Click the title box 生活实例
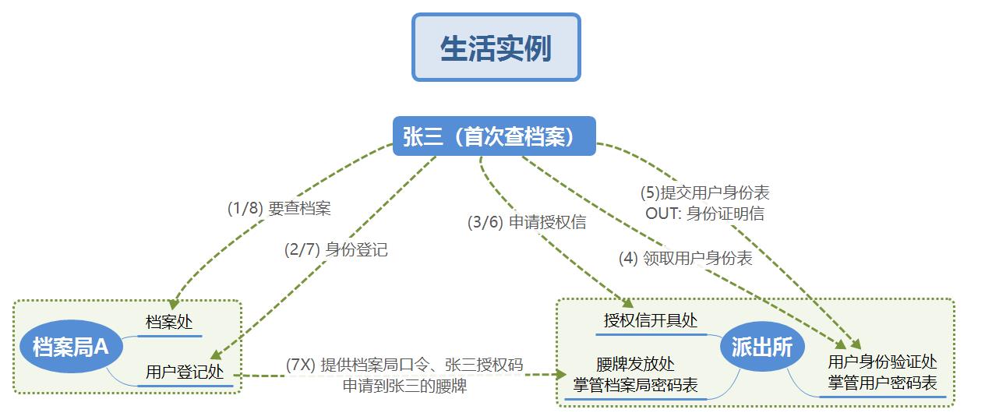(496, 47)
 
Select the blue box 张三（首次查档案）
(494, 136)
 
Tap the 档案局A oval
(71, 347)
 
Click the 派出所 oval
(761, 347)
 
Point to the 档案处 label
(169, 322)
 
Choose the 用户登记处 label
(185, 372)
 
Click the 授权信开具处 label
(651, 320)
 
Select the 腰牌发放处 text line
(635, 364)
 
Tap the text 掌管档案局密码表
(635, 385)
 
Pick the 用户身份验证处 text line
(882, 362)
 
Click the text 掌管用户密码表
(882, 383)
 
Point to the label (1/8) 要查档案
(279, 208)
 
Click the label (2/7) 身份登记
(336, 249)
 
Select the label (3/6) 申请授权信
(527, 222)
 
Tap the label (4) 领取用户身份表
(685, 258)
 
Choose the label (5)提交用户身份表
(704, 192)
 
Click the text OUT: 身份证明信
(704, 213)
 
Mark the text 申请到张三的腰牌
(404, 386)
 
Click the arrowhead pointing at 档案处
(173, 304)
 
